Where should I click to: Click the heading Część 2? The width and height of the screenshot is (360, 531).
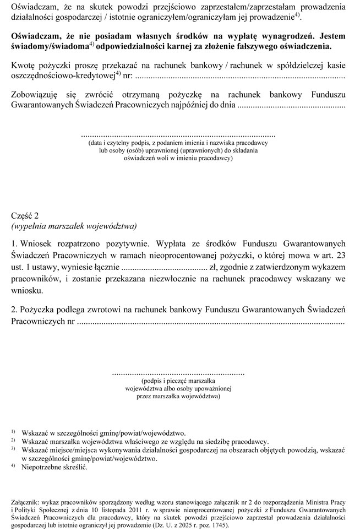click(25, 215)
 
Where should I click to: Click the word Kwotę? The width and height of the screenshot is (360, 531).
click(24, 66)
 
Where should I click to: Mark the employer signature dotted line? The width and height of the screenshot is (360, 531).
click(178, 134)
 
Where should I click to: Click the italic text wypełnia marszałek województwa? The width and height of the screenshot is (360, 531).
click(74, 226)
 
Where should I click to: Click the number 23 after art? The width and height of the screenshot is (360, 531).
click(340, 255)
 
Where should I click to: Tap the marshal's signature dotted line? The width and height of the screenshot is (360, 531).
click(178, 373)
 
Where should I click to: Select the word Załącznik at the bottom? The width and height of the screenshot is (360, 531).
click(29, 502)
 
